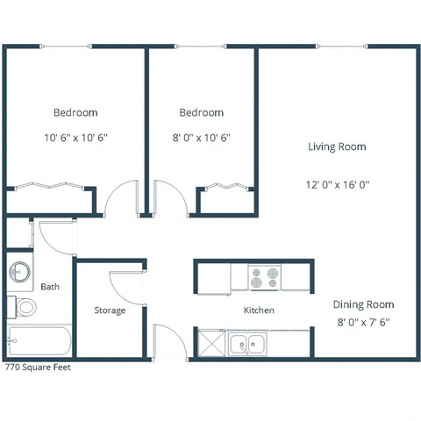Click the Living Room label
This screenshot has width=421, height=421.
(337, 146)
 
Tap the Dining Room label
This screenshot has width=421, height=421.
(363, 304)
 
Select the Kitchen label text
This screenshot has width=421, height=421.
(259, 310)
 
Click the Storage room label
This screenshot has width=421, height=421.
(110, 310)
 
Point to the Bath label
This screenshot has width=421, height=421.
(50, 287)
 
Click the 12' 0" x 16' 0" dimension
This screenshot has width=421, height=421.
(338, 184)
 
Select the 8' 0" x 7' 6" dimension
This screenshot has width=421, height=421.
(363, 322)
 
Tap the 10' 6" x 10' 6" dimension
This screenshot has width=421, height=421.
(75, 137)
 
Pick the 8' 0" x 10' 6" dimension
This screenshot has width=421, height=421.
(201, 137)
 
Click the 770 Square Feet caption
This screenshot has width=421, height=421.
(38, 368)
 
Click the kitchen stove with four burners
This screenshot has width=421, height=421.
(264, 277)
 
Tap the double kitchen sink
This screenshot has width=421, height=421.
(248, 344)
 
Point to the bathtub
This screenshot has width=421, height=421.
(39, 342)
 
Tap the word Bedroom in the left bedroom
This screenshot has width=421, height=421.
(75, 112)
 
